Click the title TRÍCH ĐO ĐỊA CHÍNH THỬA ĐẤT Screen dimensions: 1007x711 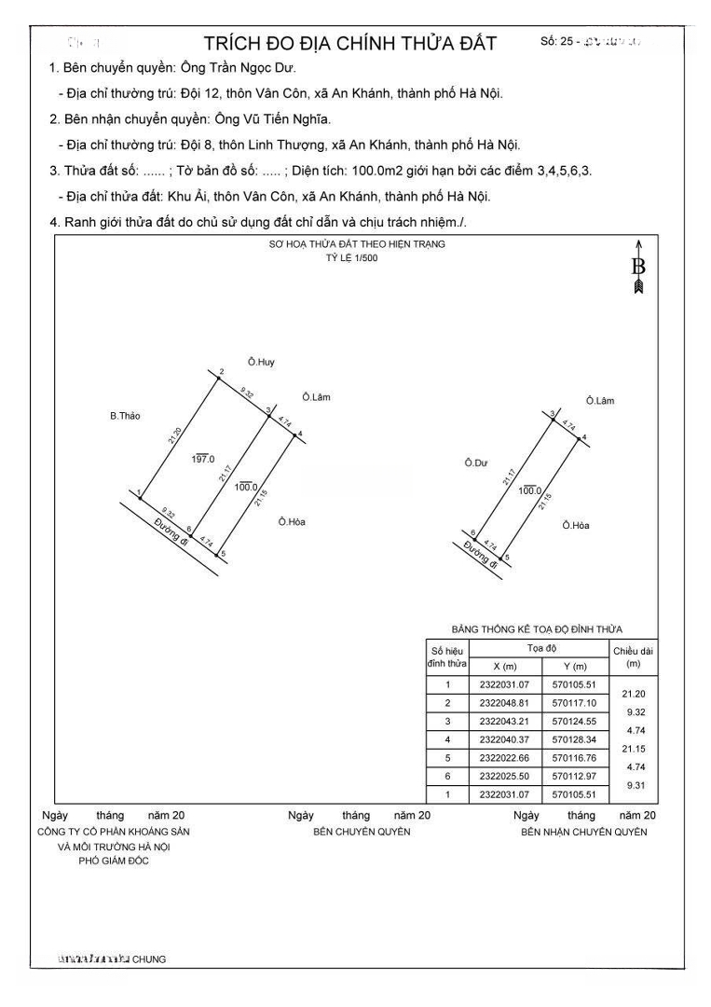click(350, 44)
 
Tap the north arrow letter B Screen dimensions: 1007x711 click(638, 267)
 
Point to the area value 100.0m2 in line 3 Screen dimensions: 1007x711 click(374, 171)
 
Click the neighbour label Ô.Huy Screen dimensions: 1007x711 click(262, 361)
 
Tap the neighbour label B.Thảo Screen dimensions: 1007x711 click(125, 416)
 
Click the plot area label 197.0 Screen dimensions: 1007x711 click(203, 459)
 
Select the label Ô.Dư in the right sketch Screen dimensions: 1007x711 click(476, 462)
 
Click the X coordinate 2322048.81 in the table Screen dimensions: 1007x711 click(504, 703)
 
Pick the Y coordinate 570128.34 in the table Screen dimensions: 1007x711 click(576, 739)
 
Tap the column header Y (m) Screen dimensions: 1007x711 click(576, 667)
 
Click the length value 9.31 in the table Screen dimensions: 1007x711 click(636, 786)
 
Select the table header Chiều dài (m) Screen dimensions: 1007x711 click(635, 656)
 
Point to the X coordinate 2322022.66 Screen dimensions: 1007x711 click(504, 758)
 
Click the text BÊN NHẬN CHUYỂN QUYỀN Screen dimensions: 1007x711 click(583, 832)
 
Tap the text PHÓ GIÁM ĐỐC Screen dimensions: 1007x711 click(115, 861)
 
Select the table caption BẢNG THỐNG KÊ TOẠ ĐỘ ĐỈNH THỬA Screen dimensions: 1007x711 click(537, 629)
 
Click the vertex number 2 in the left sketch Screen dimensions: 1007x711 click(221, 372)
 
